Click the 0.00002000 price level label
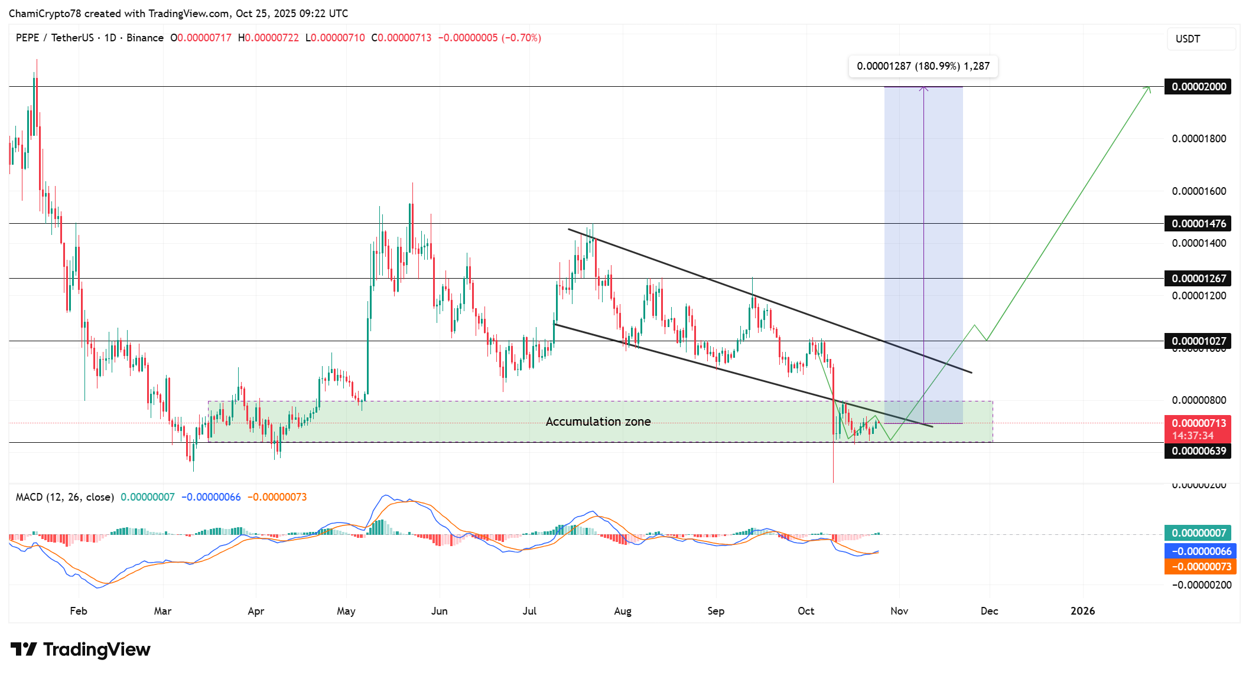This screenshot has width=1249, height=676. point(1198,87)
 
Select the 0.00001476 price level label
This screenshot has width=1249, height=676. point(1198,224)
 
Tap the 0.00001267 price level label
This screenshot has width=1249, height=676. point(1198,278)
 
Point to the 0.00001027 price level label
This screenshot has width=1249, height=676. point(1198,341)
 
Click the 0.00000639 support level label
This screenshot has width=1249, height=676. point(1198,451)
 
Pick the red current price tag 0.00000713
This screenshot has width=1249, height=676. point(1198,423)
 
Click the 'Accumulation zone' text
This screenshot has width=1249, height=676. point(598,422)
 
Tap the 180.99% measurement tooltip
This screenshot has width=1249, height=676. point(923,66)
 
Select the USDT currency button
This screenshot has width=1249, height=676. point(1201,39)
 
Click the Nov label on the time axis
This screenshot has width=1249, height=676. point(899,611)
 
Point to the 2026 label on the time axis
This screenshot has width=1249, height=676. point(1082,611)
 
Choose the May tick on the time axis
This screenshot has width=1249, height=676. point(346,611)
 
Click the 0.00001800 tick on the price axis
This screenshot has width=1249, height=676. point(1199,139)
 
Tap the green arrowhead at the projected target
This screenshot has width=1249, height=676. point(1148,89)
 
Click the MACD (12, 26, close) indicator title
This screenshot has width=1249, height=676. point(65,497)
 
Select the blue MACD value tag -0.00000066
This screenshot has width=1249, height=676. point(1201,551)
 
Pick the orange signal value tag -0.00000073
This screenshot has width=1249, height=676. point(1201,567)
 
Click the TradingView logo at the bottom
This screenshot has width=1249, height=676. point(81,649)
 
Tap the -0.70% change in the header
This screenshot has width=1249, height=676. point(521,38)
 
